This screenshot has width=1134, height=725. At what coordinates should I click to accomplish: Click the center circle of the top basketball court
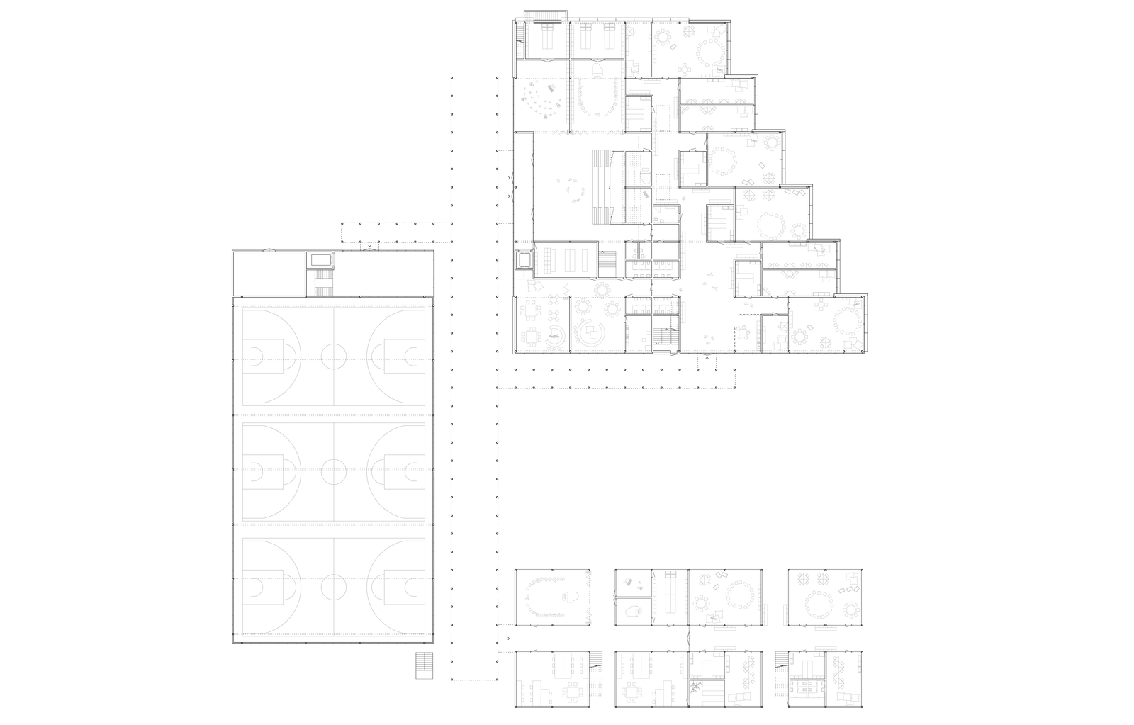(332, 355)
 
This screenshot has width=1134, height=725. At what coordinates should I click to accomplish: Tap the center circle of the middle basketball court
(332, 470)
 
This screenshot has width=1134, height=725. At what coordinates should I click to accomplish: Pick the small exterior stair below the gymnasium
(423, 665)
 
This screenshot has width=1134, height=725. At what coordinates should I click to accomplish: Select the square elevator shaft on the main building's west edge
(524, 260)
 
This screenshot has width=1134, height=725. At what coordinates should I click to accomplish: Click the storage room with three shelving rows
(566, 259)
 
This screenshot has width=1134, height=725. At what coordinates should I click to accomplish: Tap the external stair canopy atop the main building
(545, 15)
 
